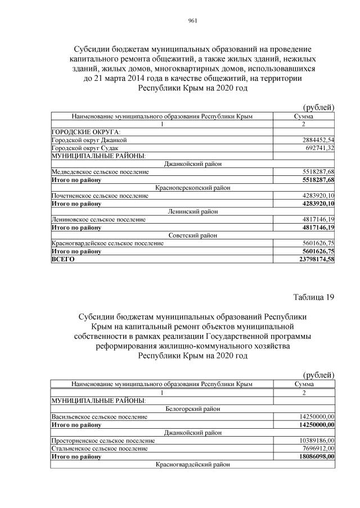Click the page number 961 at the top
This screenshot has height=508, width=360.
(191, 21)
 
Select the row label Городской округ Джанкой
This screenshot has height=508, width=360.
(89, 139)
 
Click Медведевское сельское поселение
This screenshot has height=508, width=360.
(100, 171)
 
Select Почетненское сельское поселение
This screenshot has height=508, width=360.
(100, 196)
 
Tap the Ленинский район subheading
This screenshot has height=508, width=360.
(192, 211)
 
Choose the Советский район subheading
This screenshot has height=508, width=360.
(192, 235)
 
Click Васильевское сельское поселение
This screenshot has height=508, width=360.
(99, 417)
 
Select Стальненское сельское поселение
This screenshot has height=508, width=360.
(99, 449)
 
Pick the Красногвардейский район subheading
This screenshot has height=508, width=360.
(192, 465)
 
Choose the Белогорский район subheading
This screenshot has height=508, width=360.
(192, 409)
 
